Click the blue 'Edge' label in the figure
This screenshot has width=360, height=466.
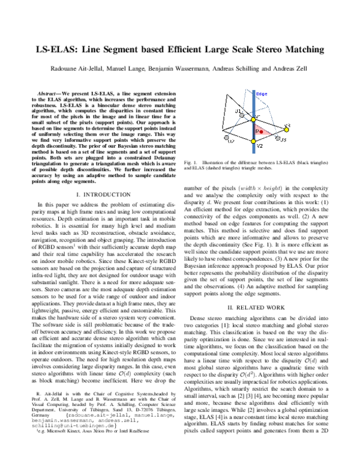(x=262, y=94)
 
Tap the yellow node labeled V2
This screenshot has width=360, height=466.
(x=253, y=141)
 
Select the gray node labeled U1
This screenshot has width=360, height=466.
(x=242, y=115)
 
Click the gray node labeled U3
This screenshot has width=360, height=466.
(x=278, y=138)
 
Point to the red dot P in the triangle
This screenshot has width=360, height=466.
(x=261, y=132)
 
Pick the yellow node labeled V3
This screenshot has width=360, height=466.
(x=286, y=130)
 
